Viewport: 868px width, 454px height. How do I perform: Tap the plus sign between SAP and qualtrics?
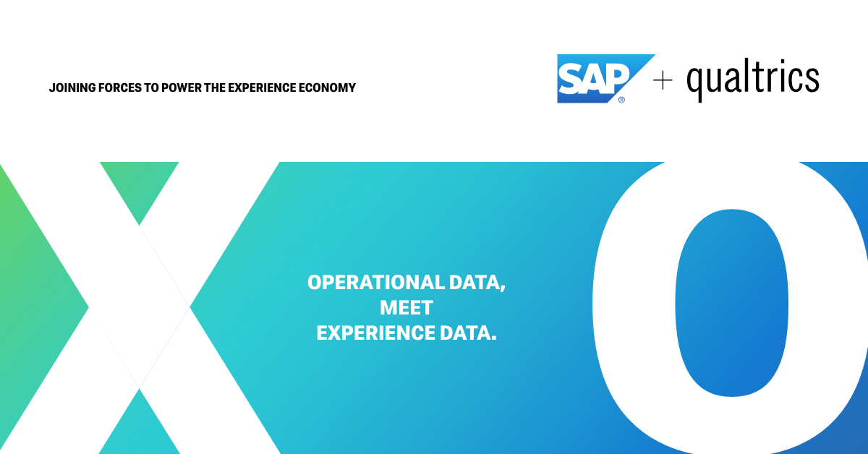663,81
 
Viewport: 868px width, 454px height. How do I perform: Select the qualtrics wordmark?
752,80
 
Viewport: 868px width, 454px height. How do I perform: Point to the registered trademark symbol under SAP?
621,100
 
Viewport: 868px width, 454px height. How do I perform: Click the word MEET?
407,308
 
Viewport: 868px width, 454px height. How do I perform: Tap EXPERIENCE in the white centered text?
375,333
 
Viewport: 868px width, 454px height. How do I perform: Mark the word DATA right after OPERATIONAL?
477,283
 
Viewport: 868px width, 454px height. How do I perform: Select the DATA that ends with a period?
469,333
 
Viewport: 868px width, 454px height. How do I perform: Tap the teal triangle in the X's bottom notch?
139,427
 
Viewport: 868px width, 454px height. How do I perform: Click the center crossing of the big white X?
140,308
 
